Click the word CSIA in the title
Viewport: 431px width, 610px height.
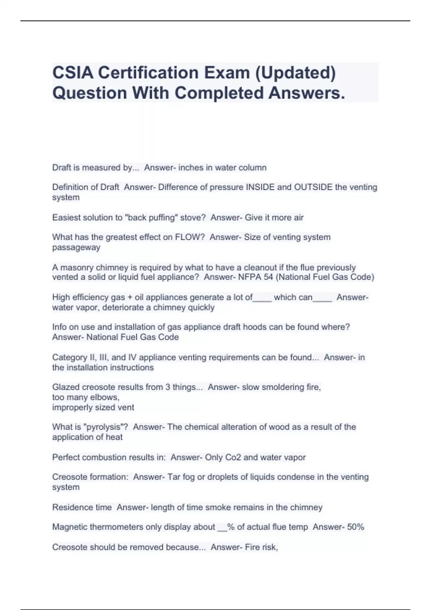click(x=73, y=73)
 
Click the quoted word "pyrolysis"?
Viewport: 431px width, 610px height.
click(x=106, y=427)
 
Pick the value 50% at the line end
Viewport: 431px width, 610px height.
click(x=356, y=527)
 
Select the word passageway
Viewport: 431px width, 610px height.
click(x=76, y=248)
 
